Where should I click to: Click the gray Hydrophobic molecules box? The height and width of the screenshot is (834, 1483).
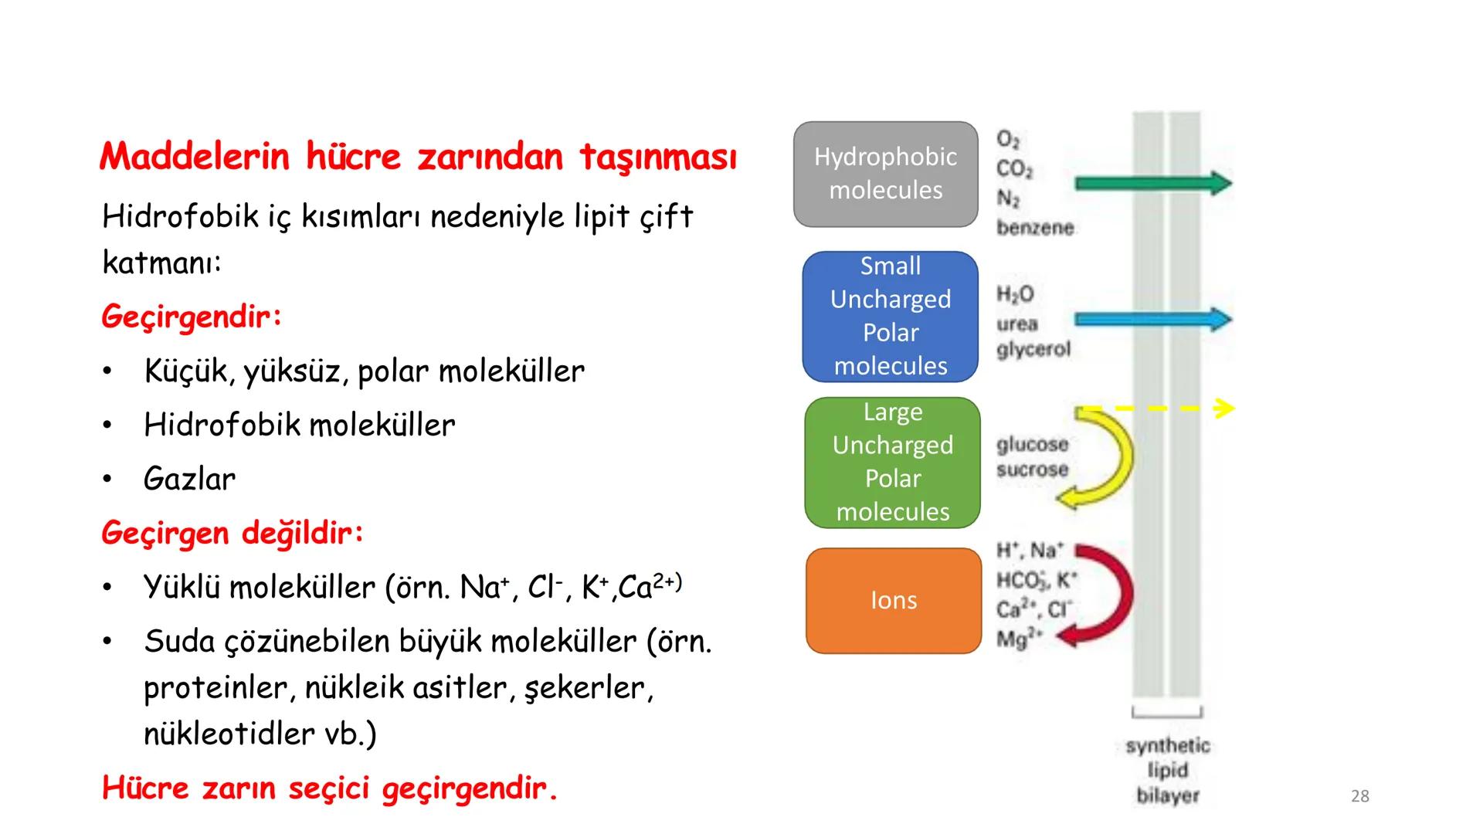885,174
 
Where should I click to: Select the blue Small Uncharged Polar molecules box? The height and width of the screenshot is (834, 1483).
890,316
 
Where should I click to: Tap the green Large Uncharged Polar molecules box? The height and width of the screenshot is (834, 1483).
892,462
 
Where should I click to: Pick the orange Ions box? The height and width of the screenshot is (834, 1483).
893,600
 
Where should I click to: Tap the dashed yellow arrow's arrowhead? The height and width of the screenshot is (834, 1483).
1224,408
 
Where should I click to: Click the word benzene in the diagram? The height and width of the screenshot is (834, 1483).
1035,228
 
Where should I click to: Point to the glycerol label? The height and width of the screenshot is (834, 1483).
1033,350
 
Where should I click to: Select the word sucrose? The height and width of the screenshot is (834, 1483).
1032,470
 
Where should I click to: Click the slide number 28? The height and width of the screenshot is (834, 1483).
1359,796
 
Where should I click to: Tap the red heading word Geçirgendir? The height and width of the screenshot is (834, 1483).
191,317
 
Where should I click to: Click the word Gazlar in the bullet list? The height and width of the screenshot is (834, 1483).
189,479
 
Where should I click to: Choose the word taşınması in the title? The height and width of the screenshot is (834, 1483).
657,157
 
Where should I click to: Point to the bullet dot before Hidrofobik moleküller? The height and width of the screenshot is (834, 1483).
108,425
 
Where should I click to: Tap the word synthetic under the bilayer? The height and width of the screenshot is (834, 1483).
1167,746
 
